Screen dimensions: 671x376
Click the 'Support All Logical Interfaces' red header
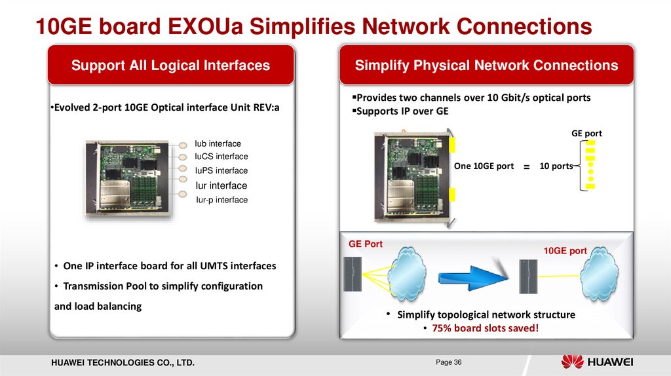pyautogui.click(x=170, y=66)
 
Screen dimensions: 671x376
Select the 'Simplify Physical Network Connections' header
pyautogui.click(x=486, y=66)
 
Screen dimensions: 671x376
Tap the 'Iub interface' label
pyautogui.click(x=218, y=143)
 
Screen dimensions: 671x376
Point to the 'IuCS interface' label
pyautogui.click(x=221, y=157)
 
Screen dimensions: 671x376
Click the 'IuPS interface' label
pyautogui.click(x=221, y=170)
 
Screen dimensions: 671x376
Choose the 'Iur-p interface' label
pyautogui.click(x=221, y=200)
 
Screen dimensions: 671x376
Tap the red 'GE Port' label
pyautogui.click(x=365, y=244)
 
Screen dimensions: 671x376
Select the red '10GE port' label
pyautogui.click(x=566, y=250)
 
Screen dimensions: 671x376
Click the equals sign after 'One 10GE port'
pyautogui.click(x=526, y=168)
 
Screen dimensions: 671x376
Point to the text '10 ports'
pyautogui.click(x=555, y=166)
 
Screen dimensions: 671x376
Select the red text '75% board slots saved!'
pyautogui.click(x=484, y=328)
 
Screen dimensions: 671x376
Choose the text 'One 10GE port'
pyautogui.click(x=484, y=166)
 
